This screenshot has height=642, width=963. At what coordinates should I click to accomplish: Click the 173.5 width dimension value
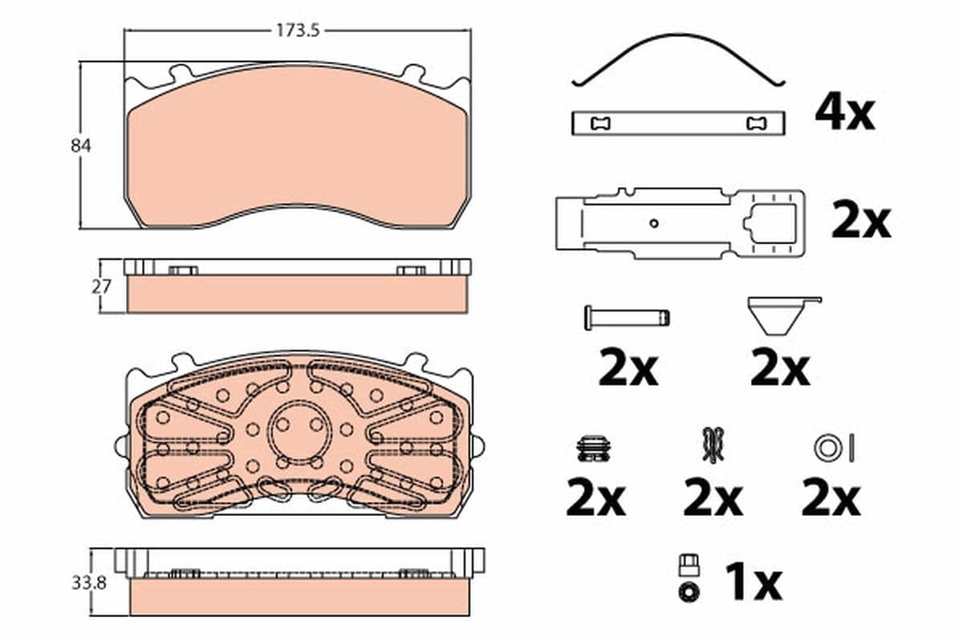[x=299, y=31]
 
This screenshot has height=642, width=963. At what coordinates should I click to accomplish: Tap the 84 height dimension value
[x=80, y=146]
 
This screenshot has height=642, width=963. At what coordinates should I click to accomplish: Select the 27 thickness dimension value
[x=101, y=286]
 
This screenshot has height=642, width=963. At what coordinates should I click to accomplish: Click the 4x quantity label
[x=844, y=113]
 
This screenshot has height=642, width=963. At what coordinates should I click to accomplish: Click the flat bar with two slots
[x=678, y=123]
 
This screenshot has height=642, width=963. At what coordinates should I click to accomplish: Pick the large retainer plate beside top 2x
[x=679, y=224]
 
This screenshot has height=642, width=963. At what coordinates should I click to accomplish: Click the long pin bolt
[x=627, y=317]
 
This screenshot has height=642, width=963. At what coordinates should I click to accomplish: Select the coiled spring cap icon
[x=595, y=449]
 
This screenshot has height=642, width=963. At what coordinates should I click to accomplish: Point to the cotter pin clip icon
[x=711, y=445]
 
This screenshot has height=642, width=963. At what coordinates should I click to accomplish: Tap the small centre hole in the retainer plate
[x=654, y=223]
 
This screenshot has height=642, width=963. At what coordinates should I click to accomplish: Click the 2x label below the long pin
[x=628, y=369]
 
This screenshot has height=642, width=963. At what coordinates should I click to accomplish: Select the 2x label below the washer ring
[x=831, y=499]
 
